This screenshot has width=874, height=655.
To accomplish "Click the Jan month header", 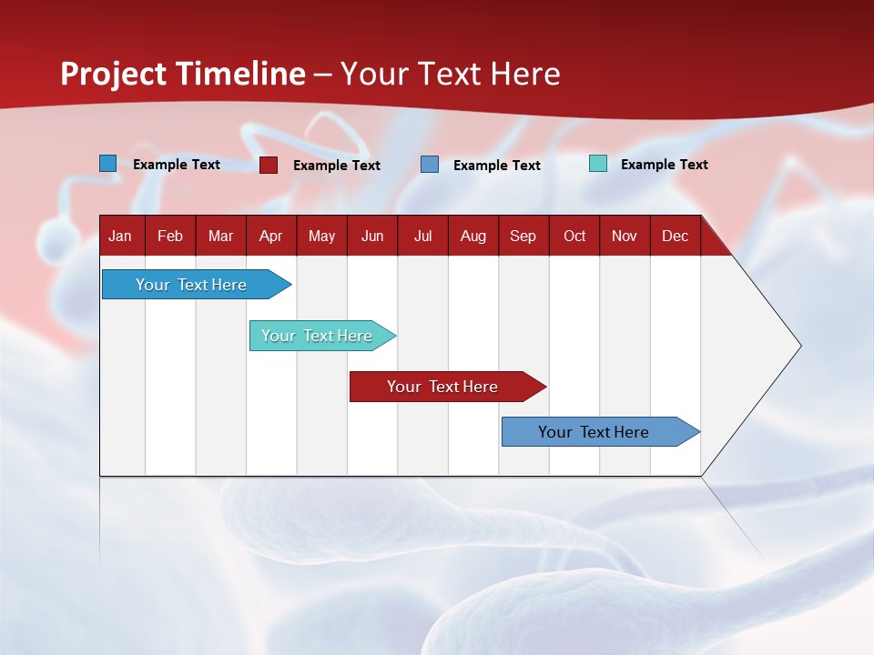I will coord(120,236).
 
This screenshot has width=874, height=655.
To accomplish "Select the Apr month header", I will coord(270,236).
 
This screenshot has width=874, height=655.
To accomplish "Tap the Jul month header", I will coord(422,236).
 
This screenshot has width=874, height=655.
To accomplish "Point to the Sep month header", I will coord(523,236).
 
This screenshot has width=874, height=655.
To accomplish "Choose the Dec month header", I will coord(675,236).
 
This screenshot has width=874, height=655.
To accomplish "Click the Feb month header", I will coord(170,236).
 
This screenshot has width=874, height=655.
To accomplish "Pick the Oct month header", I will coord(574,236).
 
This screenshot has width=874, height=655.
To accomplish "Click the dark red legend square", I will coord(269,165).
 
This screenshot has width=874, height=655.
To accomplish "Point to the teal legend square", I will coord(598,164).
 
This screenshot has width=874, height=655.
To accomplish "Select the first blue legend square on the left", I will coord(108,164).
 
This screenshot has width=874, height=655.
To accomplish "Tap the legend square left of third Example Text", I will coord(430,165).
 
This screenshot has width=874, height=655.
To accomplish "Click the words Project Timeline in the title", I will coord(183,74).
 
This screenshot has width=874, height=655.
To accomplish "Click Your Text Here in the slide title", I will coord(450,74).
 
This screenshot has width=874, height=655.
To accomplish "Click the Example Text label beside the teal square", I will coord(664,165).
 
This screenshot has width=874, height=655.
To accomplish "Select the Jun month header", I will coord(372,236).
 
